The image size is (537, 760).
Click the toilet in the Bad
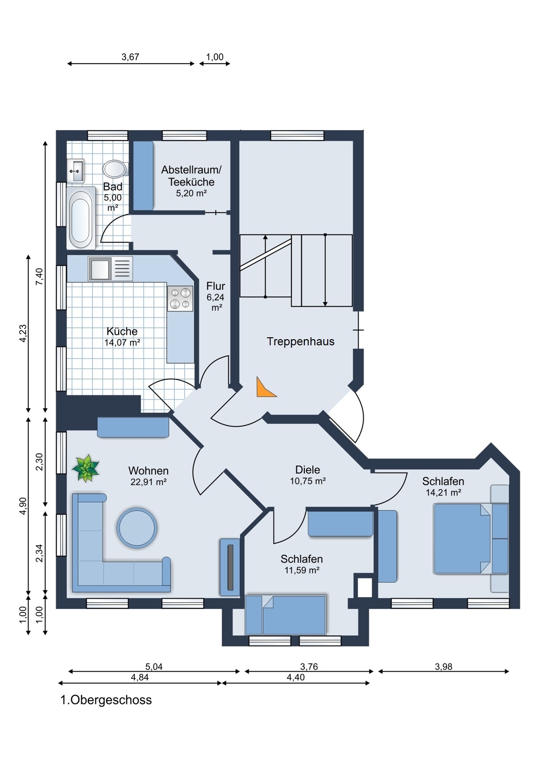[x=115, y=169]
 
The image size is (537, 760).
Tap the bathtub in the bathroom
[x=81, y=218]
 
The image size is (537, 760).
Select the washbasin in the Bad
[x=76, y=170]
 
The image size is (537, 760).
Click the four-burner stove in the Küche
[x=180, y=298]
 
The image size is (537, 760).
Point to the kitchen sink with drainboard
[x=110, y=269]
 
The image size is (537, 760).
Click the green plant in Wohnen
[x=86, y=468]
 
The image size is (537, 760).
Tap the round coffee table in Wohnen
[x=137, y=528]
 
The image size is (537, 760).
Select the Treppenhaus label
[x=300, y=342]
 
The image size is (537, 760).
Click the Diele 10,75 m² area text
[x=308, y=475]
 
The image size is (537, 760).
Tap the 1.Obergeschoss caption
[x=106, y=700]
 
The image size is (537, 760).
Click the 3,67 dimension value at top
[x=130, y=57]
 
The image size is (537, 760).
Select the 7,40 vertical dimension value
[x=39, y=276]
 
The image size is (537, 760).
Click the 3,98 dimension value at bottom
[x=443, y=667]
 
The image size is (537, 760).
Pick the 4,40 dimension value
[x=295, y=677]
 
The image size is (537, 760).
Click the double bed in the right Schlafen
[x=463, y=539]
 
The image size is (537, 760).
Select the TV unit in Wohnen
[x=230, y=567]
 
